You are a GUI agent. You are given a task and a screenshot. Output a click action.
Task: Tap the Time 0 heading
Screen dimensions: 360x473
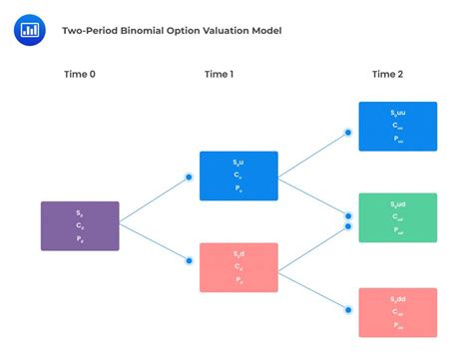tap(79, 74)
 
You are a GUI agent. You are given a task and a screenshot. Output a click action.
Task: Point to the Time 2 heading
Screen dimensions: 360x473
tap(388, 74)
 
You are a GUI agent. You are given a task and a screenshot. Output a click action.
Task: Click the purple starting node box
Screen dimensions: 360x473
tap(80, 225)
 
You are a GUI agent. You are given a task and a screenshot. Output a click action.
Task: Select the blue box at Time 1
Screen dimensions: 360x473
tap(238, 176)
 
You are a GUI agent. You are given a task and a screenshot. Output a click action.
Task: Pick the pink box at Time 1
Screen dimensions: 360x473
tap(238, 267)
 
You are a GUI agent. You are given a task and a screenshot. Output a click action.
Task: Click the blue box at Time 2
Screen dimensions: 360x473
tap(397, 126)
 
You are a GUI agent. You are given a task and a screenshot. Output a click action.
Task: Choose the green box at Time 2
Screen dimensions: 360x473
tap(397, 217)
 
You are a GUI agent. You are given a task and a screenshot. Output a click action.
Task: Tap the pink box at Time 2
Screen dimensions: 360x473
tap(397, 313)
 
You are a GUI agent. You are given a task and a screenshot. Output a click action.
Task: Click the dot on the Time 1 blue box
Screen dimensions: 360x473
tap(190, 179)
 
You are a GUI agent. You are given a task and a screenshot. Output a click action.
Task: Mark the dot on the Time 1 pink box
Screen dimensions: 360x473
tap(190, 262)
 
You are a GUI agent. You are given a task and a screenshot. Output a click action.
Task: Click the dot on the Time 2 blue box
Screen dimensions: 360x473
tap(348, 132)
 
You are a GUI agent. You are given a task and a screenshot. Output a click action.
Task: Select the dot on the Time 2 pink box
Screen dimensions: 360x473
tap(348, 308)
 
